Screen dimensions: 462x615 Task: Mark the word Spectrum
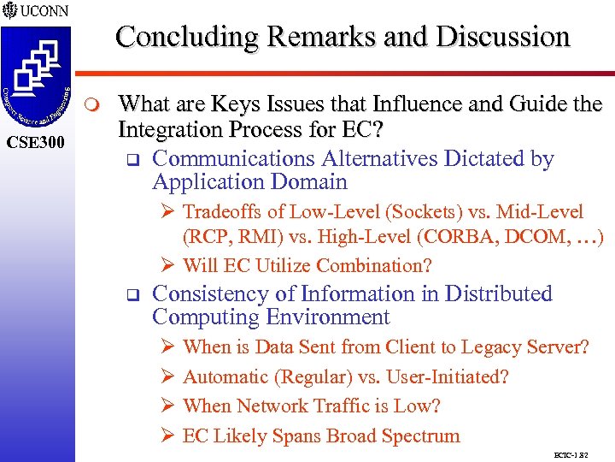[420, 435]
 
